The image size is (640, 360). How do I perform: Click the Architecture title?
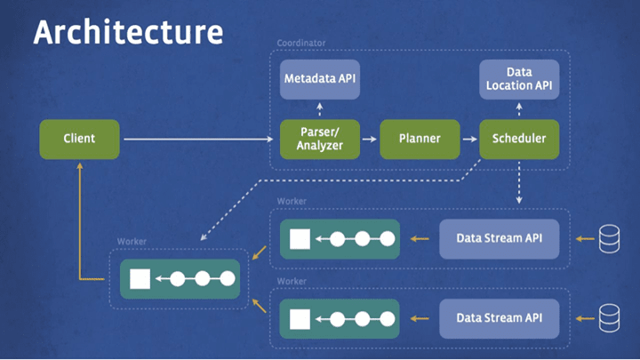[127, 32]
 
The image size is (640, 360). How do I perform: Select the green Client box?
[79, 139]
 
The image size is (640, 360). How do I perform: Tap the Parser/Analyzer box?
[320, 139]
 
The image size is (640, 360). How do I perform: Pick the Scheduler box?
[519, 139]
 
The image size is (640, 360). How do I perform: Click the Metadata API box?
[320, 78]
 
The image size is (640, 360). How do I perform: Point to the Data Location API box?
[519, 78]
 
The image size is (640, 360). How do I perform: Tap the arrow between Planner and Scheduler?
[468, 139]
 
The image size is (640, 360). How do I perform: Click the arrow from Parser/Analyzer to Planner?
[370, 139]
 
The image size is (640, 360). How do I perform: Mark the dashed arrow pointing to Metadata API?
[320, 108]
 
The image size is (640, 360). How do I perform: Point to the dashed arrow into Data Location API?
[519, 108]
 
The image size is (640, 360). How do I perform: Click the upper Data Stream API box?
[500, 238]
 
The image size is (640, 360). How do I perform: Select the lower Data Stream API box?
[500, 316]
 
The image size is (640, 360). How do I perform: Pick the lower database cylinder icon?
[609, 316]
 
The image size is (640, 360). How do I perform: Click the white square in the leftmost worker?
[140, 279]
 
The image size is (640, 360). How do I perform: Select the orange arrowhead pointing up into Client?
[79, 165]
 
